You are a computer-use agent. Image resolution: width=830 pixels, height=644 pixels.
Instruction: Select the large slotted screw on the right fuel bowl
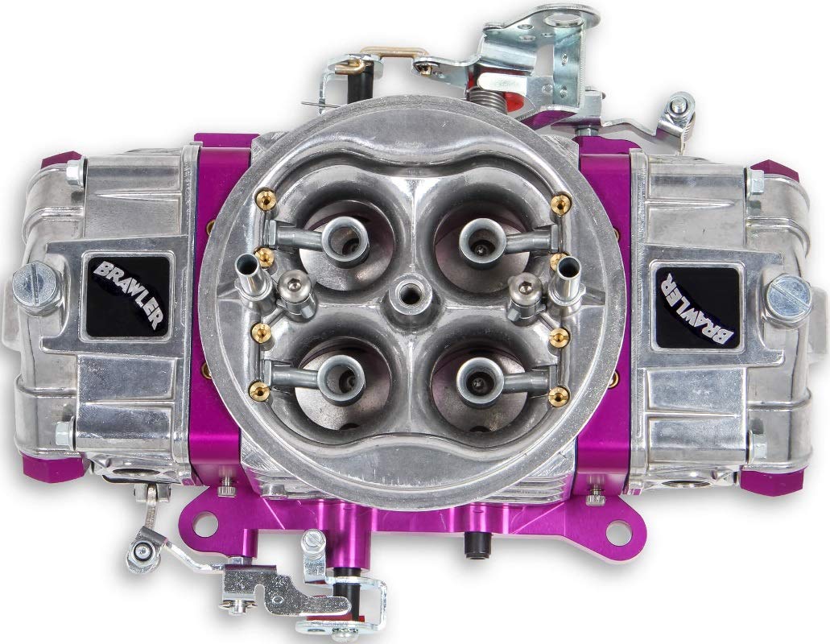point(787,296)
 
